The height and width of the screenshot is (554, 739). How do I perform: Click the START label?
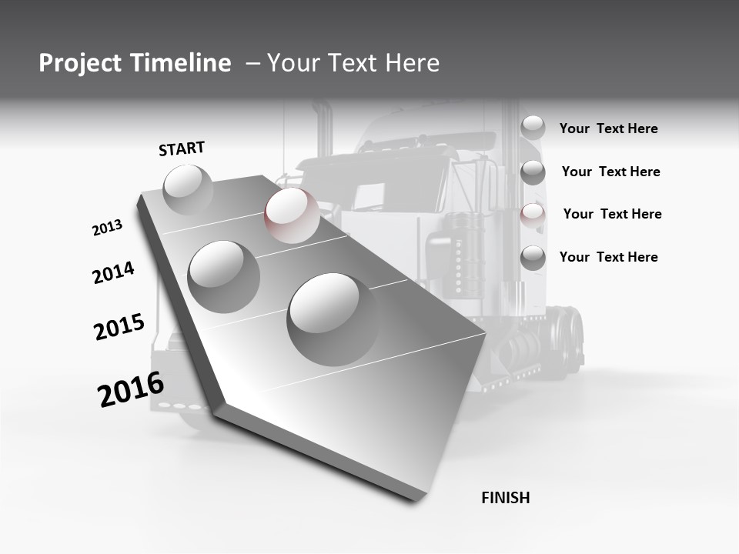(182, 149)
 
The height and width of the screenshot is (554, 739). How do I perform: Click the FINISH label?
(505, 498)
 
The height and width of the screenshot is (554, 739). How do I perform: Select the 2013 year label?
(107, 228)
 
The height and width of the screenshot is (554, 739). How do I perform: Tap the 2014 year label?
(113, 272)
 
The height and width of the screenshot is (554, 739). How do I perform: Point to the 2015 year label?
(119, 327)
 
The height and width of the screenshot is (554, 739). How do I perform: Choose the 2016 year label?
(131, 389)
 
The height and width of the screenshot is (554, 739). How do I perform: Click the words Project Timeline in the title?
(135, 63)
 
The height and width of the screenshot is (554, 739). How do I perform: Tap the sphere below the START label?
(188, 189)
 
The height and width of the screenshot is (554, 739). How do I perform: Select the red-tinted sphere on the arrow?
(292, 215)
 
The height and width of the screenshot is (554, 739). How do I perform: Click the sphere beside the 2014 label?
(224, 276)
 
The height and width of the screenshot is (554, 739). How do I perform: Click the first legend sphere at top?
(533, 127)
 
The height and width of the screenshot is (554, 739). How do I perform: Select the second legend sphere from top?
(533, 172)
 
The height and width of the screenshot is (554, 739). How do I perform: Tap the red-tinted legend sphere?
(533, 215)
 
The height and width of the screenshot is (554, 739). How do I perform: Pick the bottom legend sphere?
(533, 258)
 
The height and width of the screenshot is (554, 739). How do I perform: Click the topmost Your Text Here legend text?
(608, 128)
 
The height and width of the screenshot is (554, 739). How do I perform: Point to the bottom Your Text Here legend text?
(608, 257)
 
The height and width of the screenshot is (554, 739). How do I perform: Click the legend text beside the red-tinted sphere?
(612, 214)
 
